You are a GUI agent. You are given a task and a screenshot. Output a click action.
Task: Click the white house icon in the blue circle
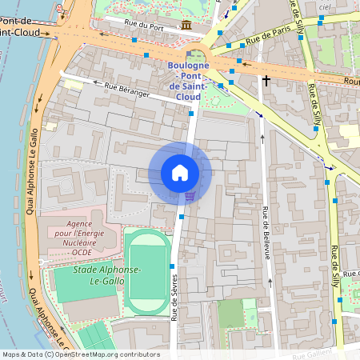[180, 173]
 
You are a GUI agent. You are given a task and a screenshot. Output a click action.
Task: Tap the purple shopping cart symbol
[190, 194]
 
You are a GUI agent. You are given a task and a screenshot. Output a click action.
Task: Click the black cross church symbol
[266, 80]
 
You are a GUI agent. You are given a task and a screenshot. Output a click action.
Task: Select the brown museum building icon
[186, 26]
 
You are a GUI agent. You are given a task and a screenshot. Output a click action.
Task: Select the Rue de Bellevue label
[265, 232]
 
